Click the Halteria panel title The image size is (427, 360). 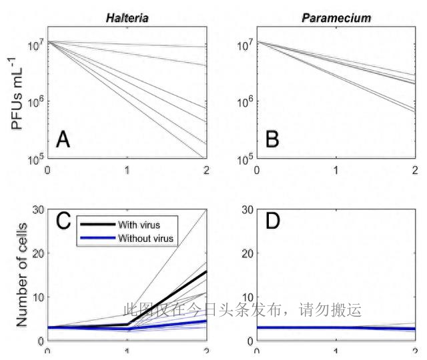(127, 18)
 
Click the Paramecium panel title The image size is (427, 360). (337, 18)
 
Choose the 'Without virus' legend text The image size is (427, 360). (145, 238)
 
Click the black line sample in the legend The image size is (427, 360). (95, 225)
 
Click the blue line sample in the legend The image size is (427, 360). (95, 238)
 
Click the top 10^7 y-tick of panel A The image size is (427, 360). (34, 44)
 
